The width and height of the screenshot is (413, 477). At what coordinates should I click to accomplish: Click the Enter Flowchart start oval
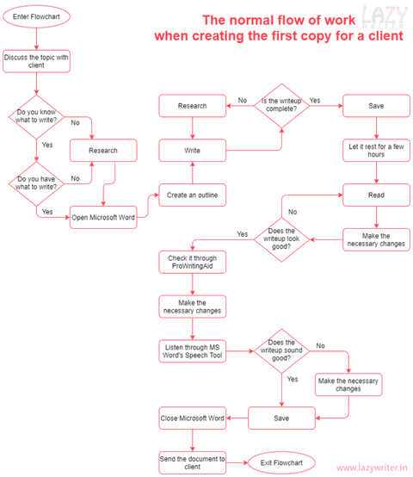[x=36, y=16]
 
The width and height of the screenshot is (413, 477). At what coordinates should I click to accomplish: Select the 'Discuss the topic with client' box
[x=36, y=61]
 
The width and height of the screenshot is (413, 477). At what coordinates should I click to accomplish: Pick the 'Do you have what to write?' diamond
[x=36, y=183]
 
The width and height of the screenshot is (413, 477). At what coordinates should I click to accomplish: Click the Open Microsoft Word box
[x=102, y=216]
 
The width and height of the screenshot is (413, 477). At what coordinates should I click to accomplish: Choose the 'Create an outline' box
[x=193, y=195]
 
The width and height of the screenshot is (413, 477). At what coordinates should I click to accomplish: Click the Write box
[x=193, y=151]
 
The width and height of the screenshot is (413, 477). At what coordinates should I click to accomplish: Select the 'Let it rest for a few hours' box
[x=376, y=151]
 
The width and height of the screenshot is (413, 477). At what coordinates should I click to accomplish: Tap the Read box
[x=376, y=195]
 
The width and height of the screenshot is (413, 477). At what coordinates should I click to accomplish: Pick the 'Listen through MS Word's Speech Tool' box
[x=193, y=351]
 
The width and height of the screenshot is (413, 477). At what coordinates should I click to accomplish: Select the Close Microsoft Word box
[x=193, y=418]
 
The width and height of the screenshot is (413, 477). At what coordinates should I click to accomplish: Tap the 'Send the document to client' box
[x=193, y=463]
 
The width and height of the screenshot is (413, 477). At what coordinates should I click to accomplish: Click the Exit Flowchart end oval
[x=282, y=463]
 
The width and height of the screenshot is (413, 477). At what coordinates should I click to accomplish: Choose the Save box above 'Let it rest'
[x=376, y=106]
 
